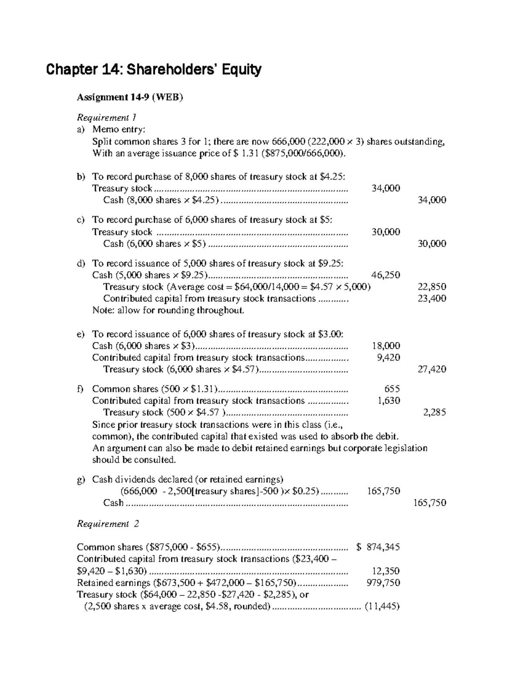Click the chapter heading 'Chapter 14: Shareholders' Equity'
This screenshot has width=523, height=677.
[154, 70]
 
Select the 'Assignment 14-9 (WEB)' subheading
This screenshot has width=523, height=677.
[130, 97]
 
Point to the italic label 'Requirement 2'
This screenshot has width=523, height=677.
[108, 524]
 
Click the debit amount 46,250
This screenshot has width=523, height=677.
[385, 275]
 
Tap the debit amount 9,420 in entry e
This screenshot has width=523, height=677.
[388, 357]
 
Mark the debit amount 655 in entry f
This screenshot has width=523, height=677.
[392, 389]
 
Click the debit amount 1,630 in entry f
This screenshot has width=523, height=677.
[388, 401]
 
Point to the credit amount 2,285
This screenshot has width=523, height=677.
[434, 412]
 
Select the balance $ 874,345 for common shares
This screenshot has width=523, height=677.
[378, 547]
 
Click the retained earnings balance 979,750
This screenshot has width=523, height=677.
[383, 583]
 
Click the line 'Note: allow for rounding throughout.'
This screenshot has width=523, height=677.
[169, 310]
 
